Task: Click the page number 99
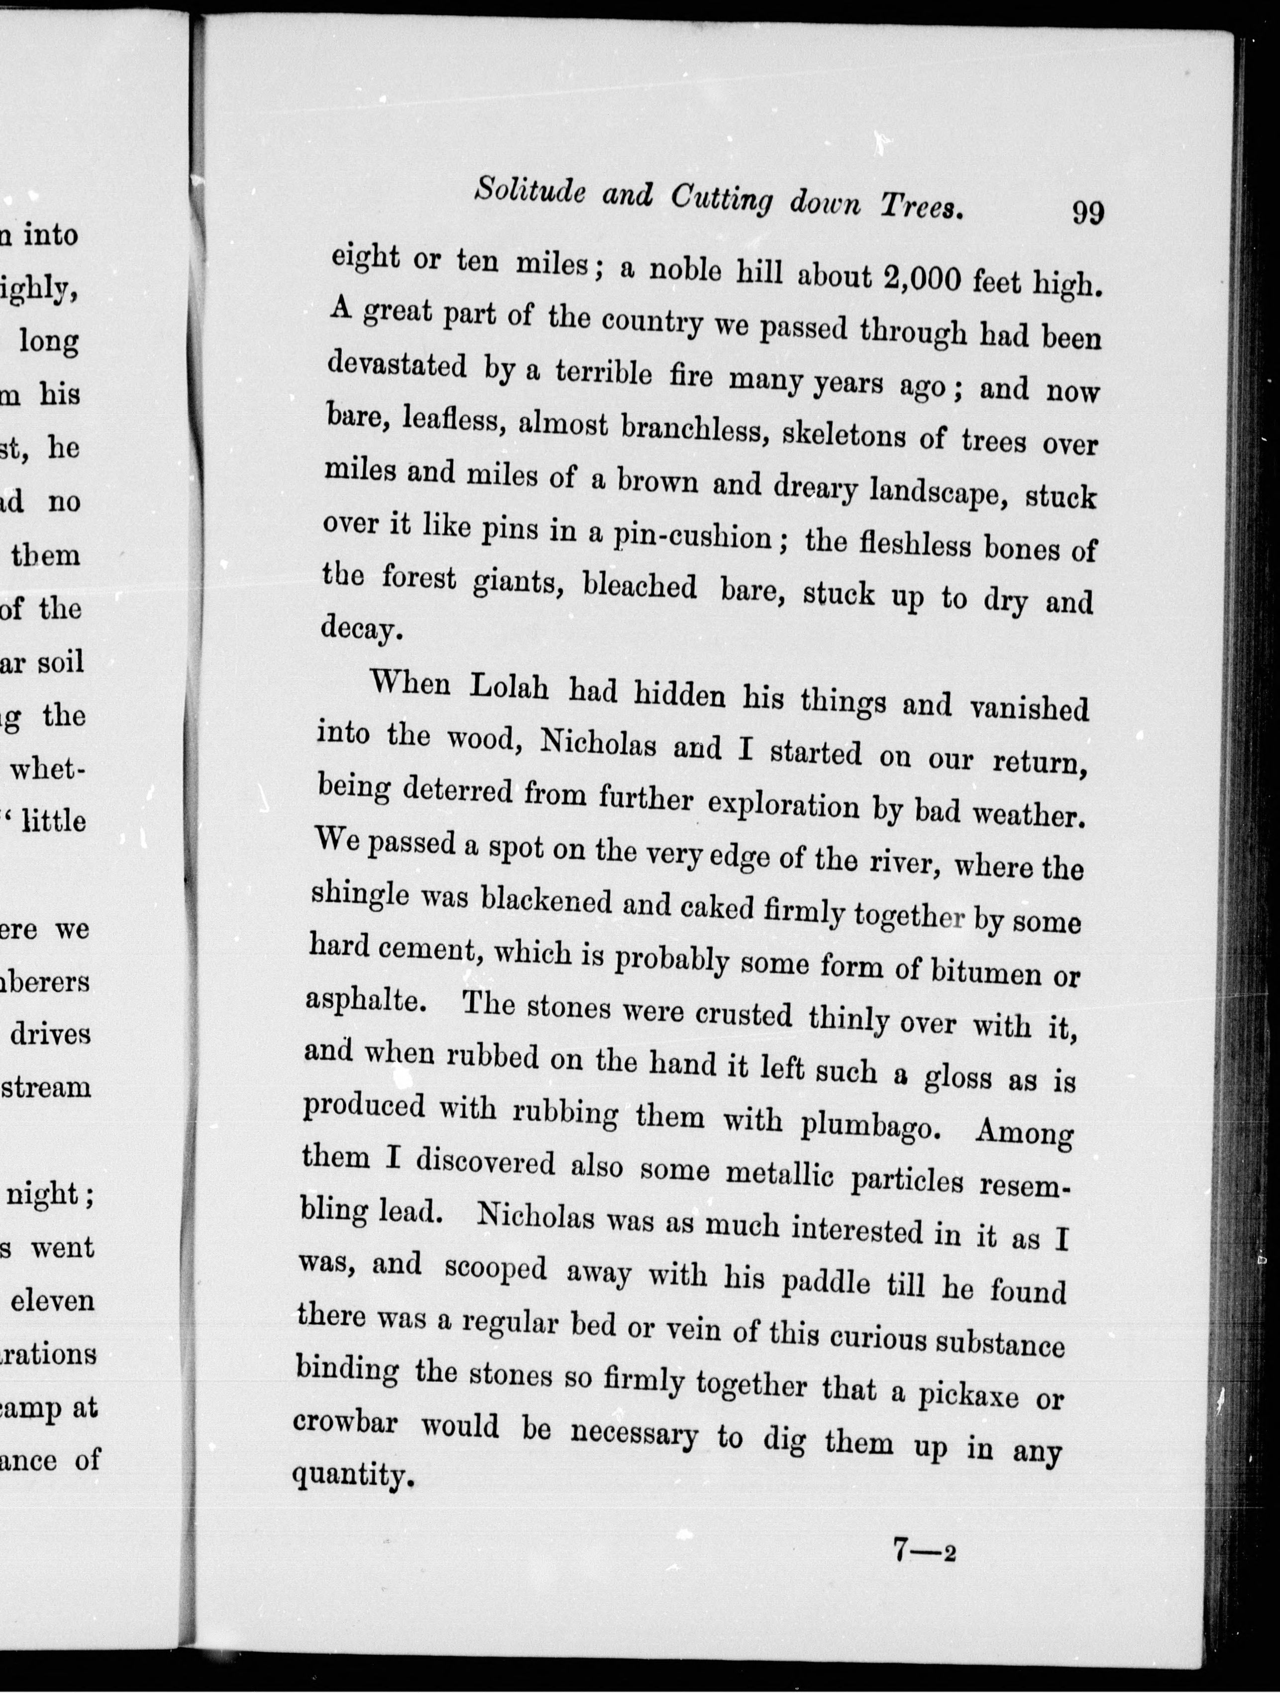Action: (1088, 212)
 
